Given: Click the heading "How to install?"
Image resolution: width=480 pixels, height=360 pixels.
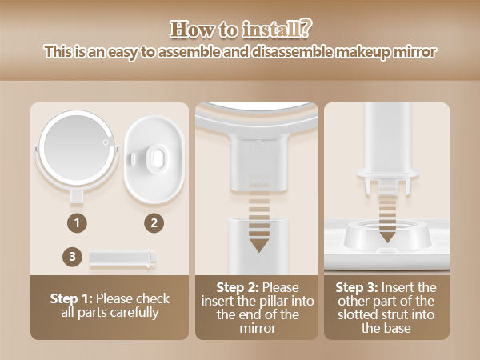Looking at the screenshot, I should click(x=239, y=30).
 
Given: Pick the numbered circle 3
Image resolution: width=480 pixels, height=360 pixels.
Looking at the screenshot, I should click(x=73, y=256).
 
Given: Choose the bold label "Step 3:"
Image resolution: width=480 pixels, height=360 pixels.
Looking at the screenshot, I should click(x=355, y=286).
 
